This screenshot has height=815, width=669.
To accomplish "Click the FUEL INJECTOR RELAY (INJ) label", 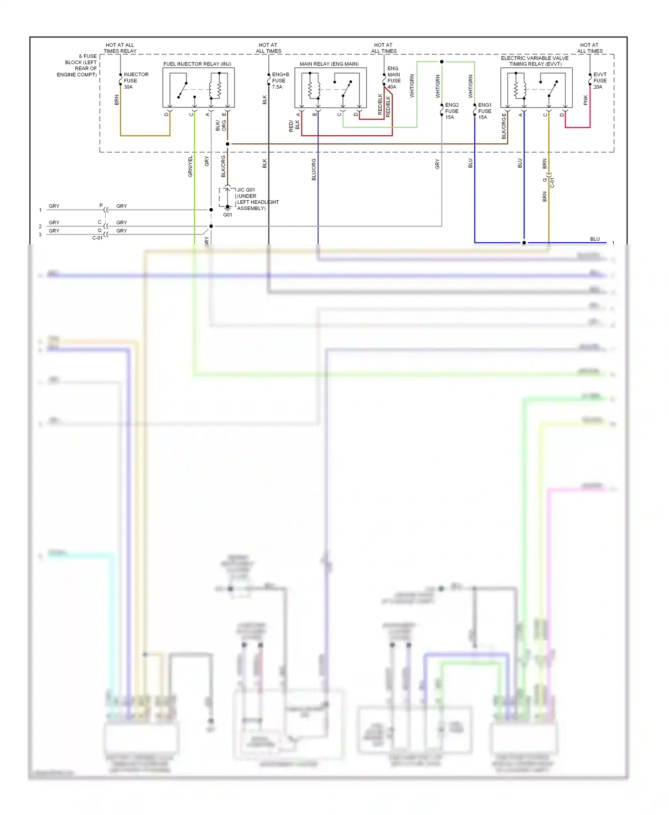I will point(197,64).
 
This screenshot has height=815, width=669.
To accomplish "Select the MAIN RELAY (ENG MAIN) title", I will point(329,64).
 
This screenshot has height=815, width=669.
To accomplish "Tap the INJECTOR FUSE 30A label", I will point(136,81).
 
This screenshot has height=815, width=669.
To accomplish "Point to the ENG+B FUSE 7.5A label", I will point(280,81).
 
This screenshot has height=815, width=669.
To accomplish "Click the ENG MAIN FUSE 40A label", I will point(393,78).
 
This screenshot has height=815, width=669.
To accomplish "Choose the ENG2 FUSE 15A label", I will point(451,111).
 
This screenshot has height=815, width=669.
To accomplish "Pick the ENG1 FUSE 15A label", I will point(484,111).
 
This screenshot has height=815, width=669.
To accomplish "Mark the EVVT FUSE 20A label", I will point(599,81).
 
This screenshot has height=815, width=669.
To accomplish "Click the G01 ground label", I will point(227,215).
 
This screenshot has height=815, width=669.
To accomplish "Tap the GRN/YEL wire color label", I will point(190,166).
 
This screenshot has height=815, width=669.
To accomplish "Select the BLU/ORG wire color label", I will point(314,169).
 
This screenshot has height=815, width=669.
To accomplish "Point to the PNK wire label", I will point(586,100).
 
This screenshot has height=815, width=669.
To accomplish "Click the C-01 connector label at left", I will point(97,238).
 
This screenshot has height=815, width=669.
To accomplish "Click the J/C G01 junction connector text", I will point(246,190).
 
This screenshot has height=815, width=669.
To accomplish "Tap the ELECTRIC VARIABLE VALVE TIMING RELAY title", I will point(535,61).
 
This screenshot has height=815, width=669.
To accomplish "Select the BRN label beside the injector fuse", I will point(117,100).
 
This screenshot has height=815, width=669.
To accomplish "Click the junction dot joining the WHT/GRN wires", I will point(442,62).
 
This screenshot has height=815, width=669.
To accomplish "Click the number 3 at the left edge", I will point(40,235).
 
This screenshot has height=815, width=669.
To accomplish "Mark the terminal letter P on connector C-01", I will point(101,206).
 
